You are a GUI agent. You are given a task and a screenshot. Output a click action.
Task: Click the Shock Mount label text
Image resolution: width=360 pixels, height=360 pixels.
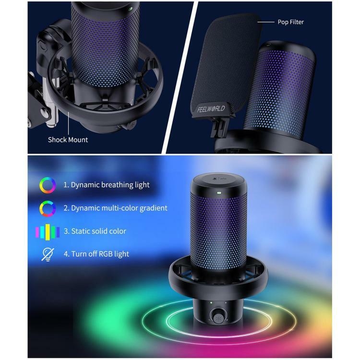(x=68, y=140)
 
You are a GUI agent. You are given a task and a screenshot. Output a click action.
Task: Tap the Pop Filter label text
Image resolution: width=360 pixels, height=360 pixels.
(x=291, y=22)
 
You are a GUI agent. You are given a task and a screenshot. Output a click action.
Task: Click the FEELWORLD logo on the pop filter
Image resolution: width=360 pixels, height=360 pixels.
(x=211, y=108)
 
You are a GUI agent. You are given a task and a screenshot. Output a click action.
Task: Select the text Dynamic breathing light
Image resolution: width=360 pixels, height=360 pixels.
(x=110, y=185)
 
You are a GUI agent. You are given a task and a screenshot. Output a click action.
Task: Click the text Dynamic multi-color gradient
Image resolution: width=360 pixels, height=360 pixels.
(x=119, y=208)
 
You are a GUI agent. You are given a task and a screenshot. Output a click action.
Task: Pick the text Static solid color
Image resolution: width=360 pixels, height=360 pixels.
(x=99, y=231)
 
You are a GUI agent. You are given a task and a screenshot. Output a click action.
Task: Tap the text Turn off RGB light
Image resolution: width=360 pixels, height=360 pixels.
(x=100, y=254)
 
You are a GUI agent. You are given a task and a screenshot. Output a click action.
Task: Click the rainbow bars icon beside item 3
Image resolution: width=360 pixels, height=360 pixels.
(x=48, y=232)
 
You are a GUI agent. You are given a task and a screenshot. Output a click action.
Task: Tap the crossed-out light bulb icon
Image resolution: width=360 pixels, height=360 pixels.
(x=48, y=254)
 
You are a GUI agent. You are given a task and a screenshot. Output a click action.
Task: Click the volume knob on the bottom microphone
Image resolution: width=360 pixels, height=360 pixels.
(x=217, y=318)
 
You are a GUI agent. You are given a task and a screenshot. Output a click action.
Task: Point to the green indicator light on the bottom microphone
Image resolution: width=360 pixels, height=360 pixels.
(x=218, y=192)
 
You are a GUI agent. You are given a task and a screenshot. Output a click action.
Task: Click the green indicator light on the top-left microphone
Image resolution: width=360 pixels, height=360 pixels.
(x=130, y=9)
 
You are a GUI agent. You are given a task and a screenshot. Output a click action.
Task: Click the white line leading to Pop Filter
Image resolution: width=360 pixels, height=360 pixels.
(x=265, y=22)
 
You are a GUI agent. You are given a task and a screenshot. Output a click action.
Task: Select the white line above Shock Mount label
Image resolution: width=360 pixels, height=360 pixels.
(x=69, y=123)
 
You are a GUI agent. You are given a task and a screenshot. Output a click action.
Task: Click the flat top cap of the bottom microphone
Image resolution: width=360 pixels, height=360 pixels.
(x=219, y=180)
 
